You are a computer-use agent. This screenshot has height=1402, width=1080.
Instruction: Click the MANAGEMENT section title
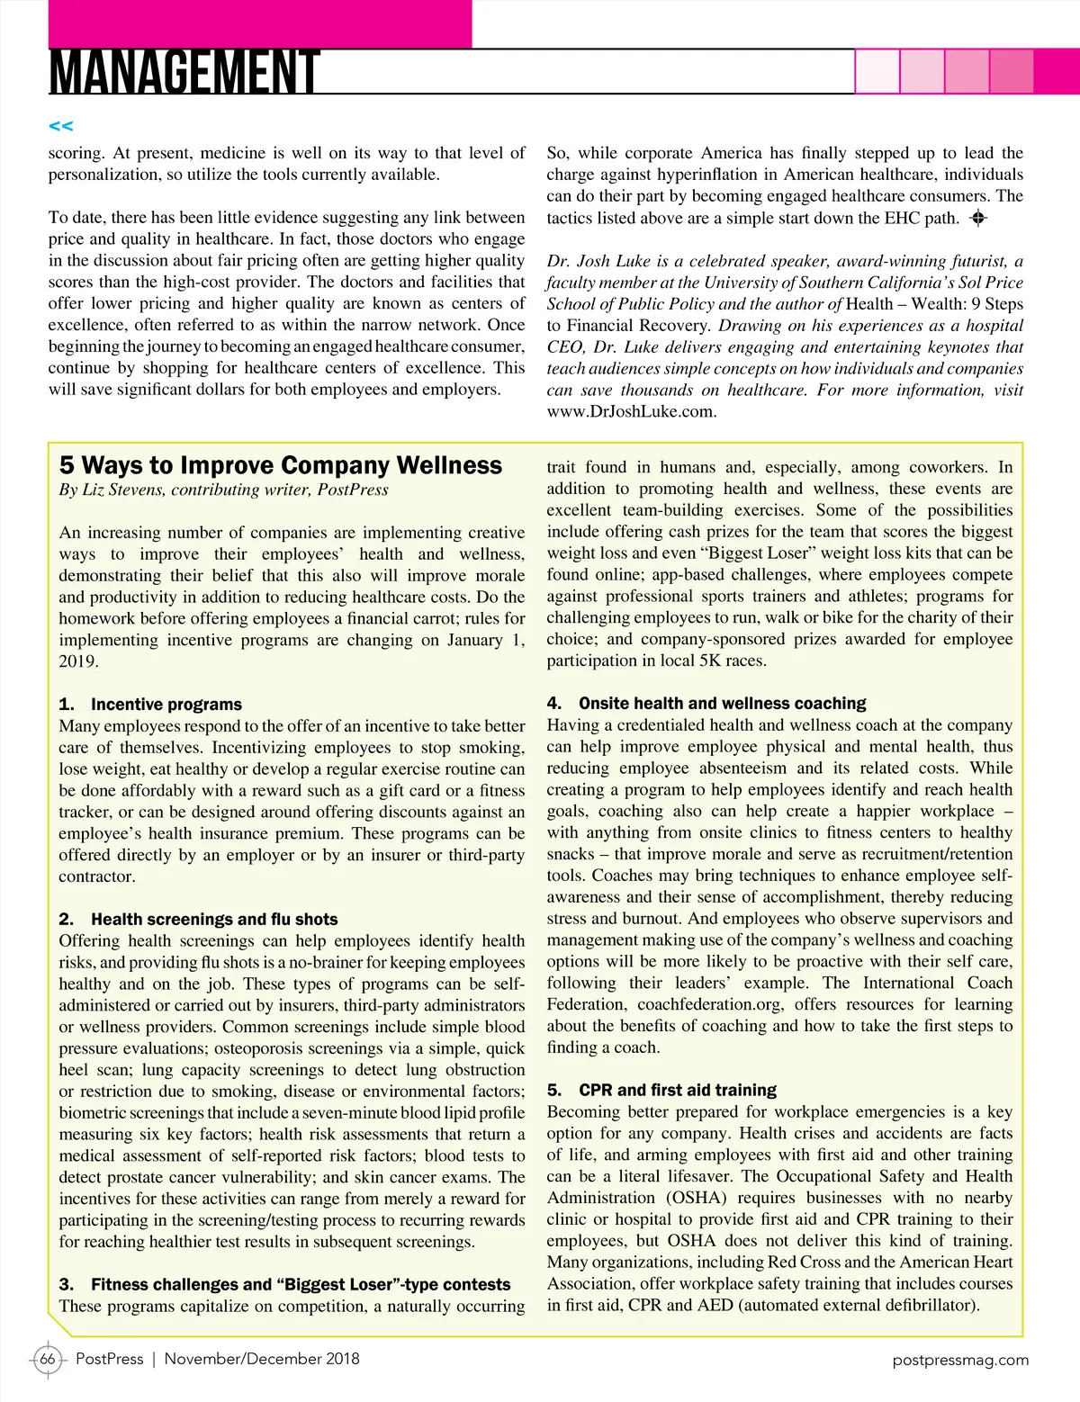coord(184,72)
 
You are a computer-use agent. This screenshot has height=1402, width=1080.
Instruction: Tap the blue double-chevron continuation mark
coord(61,126)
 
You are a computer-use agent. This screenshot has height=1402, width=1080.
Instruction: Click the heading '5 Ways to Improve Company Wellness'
coord(281,465)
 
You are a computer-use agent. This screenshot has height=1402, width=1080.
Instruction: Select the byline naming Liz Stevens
coord(224,490)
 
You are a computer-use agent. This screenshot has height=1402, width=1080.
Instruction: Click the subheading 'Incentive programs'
coord(166,704)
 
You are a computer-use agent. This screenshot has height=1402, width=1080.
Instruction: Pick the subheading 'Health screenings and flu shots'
coord(214,919)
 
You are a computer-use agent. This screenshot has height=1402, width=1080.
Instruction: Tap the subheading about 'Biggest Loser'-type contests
coord(301,1284)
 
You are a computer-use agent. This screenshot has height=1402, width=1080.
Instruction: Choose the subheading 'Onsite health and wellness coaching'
coord(722,703)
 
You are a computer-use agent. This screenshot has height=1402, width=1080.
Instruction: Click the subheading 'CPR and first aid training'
coord(677,1090)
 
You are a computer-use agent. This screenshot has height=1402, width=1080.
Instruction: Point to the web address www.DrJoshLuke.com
coord(631,411)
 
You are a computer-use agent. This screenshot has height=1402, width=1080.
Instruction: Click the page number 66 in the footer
coord(48,1359)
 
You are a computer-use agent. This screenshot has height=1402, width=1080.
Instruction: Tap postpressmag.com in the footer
coord(960,1360)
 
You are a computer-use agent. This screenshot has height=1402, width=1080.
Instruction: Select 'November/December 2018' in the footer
coord(262,1359)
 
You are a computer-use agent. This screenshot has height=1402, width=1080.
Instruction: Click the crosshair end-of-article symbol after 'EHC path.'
coord(978,218)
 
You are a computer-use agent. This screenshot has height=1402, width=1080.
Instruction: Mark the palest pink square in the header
coord(877,71)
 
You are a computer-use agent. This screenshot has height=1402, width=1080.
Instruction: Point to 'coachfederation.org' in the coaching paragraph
coord(709,1004)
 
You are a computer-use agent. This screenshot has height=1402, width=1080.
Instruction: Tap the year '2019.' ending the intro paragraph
coord(78,661)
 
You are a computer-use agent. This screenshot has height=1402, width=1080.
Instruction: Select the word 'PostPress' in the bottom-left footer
coord(110,1359)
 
